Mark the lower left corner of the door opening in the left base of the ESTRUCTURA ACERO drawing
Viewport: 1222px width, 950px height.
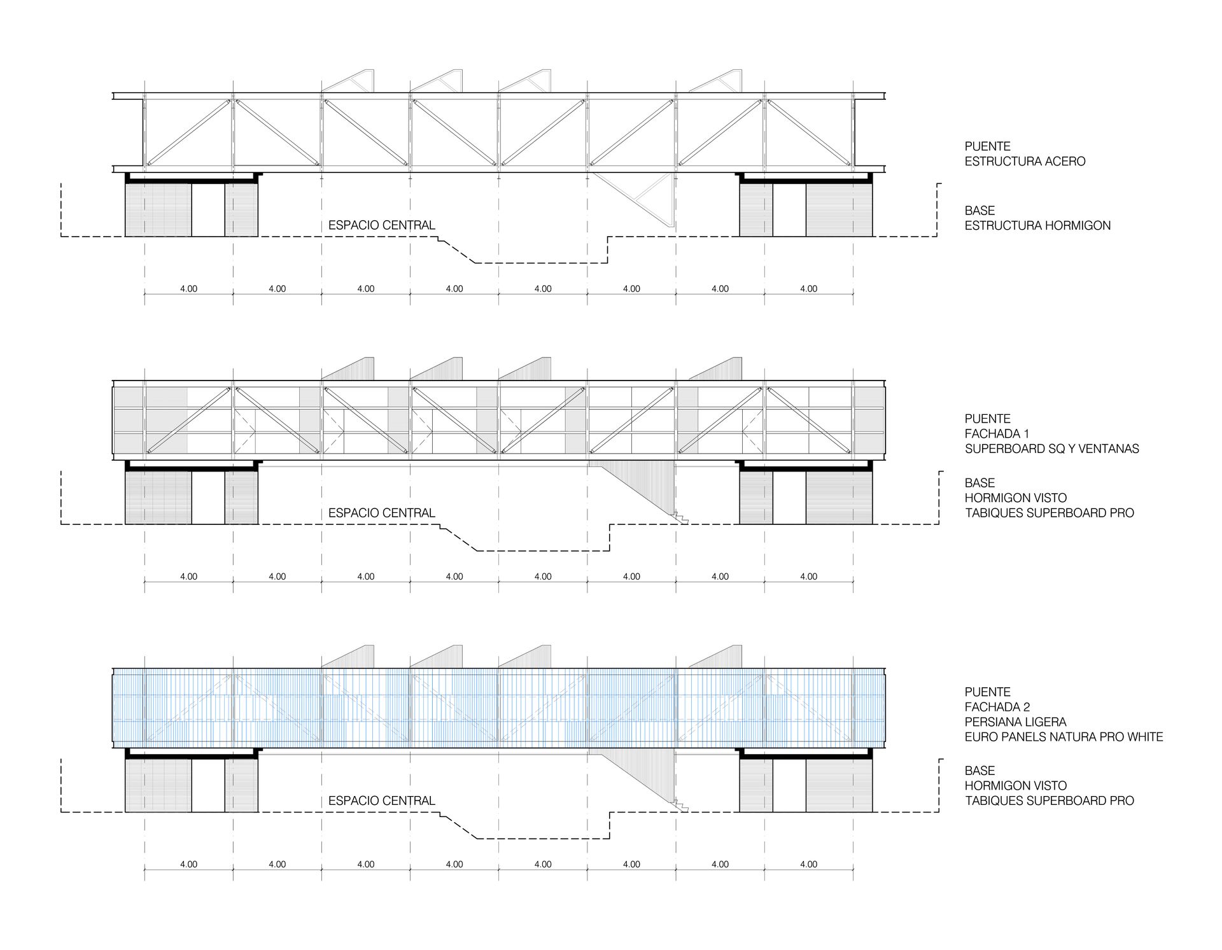192,236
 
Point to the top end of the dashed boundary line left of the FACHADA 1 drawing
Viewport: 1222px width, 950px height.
61,471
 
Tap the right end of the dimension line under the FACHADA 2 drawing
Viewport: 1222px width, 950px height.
853,870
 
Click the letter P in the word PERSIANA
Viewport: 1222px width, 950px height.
969,722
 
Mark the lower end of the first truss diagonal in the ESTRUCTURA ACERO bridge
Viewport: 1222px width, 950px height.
148,165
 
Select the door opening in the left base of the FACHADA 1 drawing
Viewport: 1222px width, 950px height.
208,497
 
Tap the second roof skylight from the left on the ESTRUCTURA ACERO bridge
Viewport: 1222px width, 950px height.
436,82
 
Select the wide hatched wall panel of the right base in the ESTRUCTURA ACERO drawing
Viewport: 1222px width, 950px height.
839,210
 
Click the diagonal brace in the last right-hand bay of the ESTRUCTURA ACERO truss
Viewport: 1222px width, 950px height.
808,132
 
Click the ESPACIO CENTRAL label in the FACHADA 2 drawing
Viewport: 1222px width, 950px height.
382,800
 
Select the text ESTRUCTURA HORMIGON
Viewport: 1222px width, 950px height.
1037,225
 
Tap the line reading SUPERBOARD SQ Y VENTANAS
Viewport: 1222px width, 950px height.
1052,449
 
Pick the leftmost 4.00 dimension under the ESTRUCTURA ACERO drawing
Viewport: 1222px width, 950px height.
188,288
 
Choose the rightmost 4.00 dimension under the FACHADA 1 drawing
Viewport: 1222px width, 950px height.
808,576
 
